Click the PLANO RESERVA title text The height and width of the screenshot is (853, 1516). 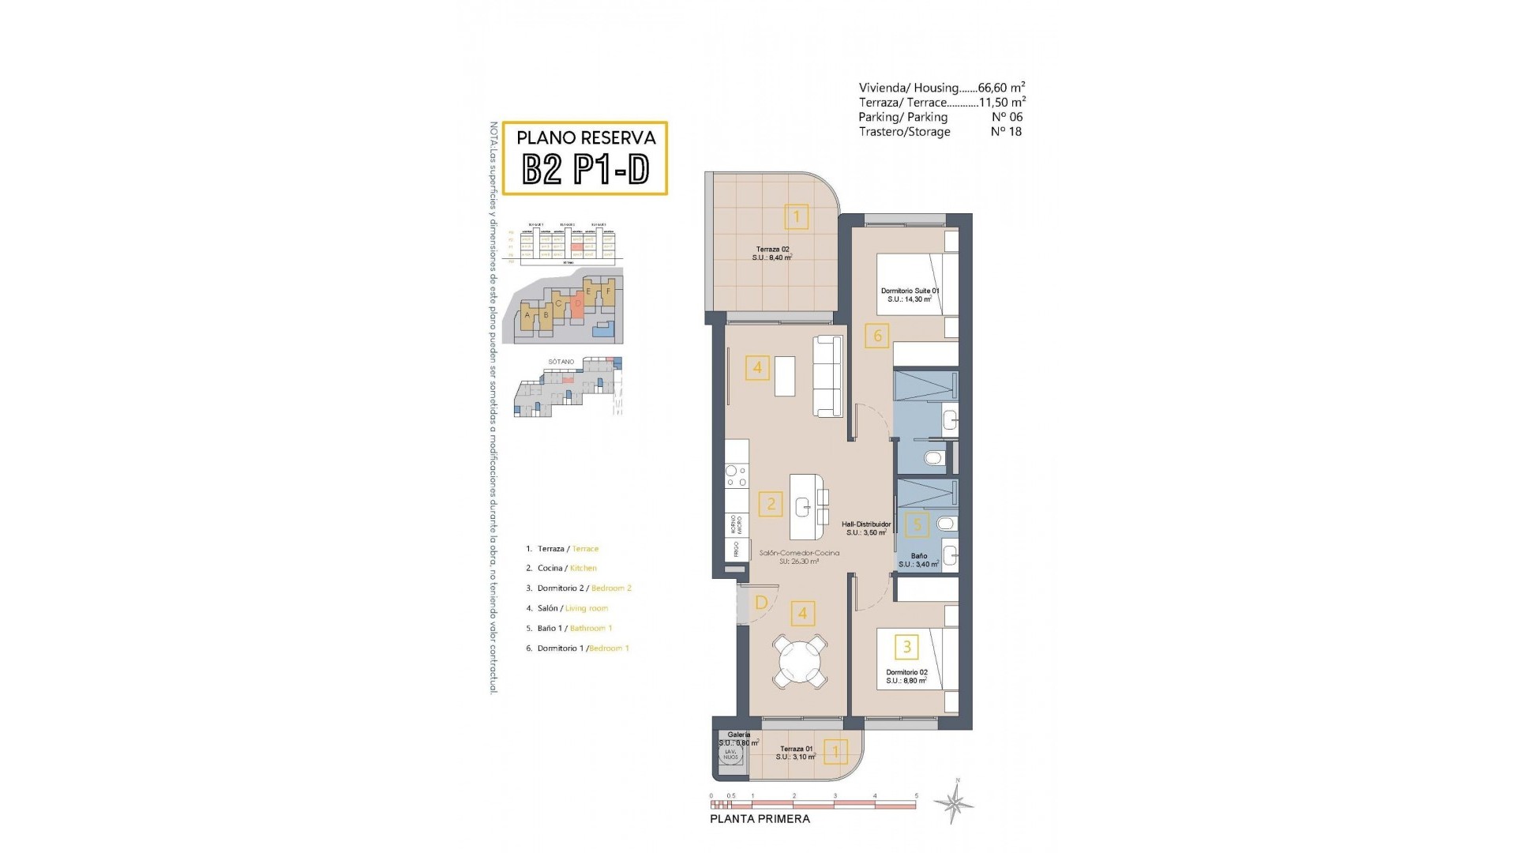(x=586, y=137)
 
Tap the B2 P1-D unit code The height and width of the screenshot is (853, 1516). (x=586, y=168)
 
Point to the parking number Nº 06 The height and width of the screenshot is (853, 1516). (x=1006, y=117)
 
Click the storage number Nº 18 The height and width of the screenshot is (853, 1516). (x=1006, y=132)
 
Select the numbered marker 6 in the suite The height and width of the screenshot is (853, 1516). (x=877, y=336)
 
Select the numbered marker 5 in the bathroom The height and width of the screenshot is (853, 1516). (x=917, y=524)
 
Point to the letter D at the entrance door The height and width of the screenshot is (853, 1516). (x=761, y=603)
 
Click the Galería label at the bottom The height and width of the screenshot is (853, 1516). (x=739, y=735)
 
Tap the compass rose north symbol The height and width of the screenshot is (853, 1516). (x=954, y=804)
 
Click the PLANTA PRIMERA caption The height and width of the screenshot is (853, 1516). (x=760, y=819)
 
